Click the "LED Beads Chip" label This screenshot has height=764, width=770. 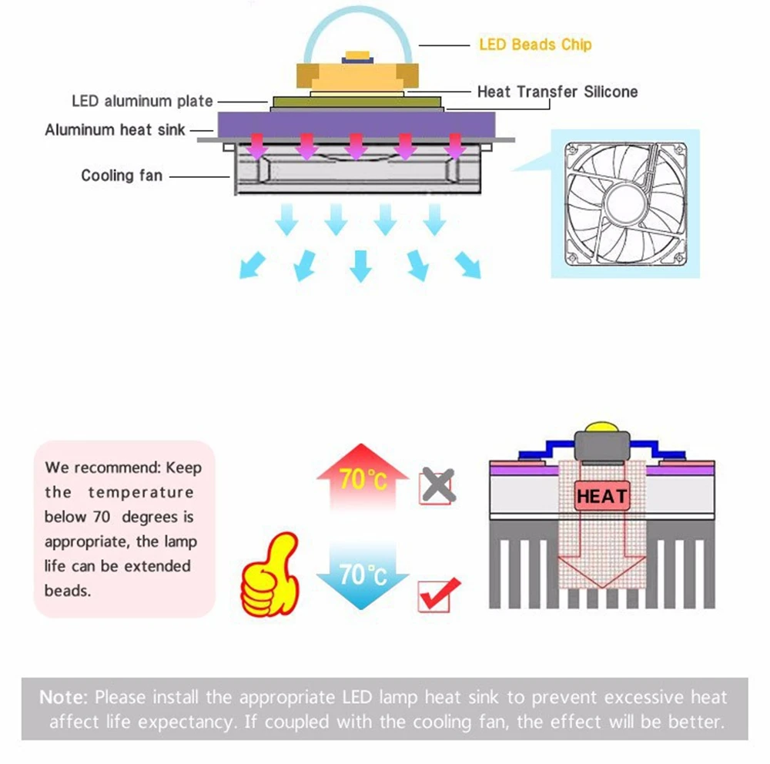click(535, 45)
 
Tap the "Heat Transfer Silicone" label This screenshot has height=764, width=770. click(557, 92)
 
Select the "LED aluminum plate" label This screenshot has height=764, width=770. click(142, 101)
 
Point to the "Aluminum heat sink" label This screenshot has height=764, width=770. click(115, 129)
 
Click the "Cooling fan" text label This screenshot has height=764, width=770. click(122, 176)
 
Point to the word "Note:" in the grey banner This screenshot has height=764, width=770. click(65, 698)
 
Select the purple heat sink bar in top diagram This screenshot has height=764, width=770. click(355, 122)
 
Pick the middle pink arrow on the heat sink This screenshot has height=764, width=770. click(355, 146)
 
